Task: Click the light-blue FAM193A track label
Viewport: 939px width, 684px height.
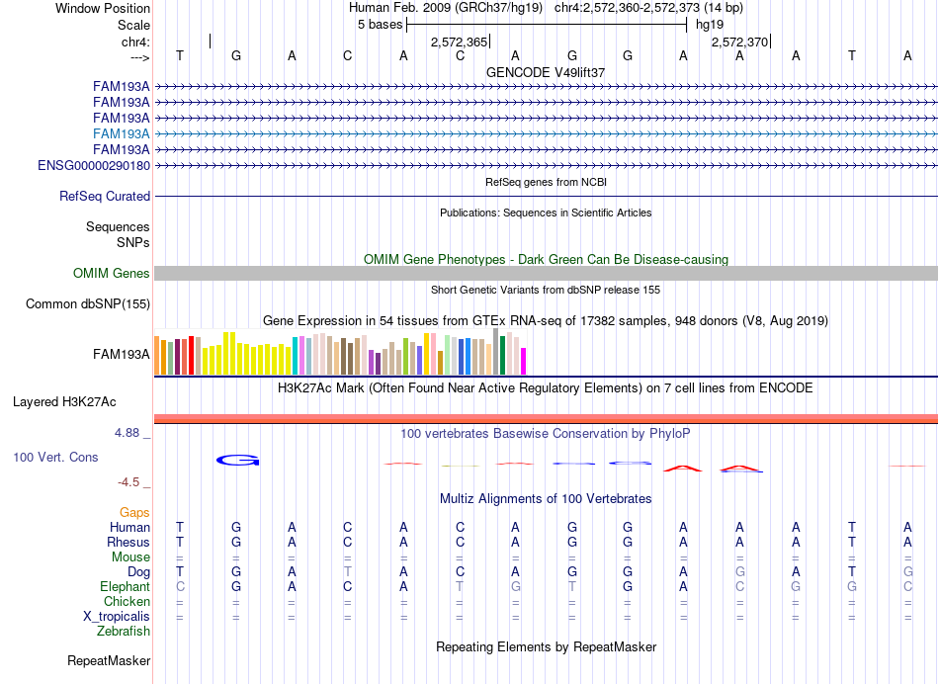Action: (x=121, y=133)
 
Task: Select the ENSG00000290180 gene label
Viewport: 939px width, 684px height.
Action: (x=94, y=165)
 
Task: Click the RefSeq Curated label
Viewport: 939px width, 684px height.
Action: (x=105, y=196)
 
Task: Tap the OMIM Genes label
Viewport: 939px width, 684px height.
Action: (x=112, y=273)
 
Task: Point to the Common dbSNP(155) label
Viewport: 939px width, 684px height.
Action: (x=88, y=303)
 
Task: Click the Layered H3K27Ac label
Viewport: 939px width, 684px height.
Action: (x=64, y=402)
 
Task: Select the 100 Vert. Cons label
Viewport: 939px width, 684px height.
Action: (x=55, y=457)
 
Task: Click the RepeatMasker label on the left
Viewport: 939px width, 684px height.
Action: (x=109, y=660)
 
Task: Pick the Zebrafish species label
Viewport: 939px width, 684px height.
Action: (x=124, y=631)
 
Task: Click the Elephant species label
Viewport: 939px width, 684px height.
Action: (x=125, y=586)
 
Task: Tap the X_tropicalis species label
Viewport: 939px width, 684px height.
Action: (x=117, y=616)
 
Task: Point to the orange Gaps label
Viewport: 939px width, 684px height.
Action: (x=134, y=512)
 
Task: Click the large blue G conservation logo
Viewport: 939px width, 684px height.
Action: (x=238, y=460)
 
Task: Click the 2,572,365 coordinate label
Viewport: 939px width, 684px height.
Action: (x=460, y=42)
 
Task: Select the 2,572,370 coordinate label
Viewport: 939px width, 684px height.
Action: (x=739, y=42)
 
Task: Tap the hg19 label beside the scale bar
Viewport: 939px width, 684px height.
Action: (x=710, y=25)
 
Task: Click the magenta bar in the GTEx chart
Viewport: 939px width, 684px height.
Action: (x=523, y=361)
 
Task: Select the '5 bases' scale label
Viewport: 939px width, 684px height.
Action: (x=381, y=25)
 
